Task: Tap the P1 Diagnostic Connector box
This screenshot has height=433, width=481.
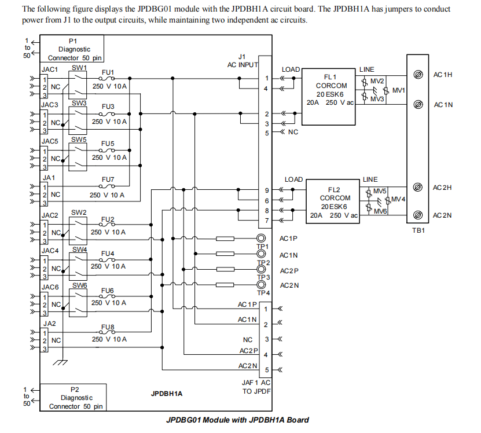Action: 72,49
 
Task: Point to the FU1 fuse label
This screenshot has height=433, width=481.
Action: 108,73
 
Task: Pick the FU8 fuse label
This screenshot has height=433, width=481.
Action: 108,327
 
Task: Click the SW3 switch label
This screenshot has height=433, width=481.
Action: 79,103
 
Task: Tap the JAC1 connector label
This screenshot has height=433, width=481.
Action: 50,68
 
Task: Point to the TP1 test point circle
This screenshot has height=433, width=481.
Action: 261,238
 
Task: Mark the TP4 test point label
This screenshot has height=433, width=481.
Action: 263,292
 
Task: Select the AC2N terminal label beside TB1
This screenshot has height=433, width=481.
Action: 442,215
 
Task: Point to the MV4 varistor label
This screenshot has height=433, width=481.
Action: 398,199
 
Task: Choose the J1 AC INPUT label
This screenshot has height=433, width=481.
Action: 243,61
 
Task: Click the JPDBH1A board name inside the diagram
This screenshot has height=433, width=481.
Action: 167,394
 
